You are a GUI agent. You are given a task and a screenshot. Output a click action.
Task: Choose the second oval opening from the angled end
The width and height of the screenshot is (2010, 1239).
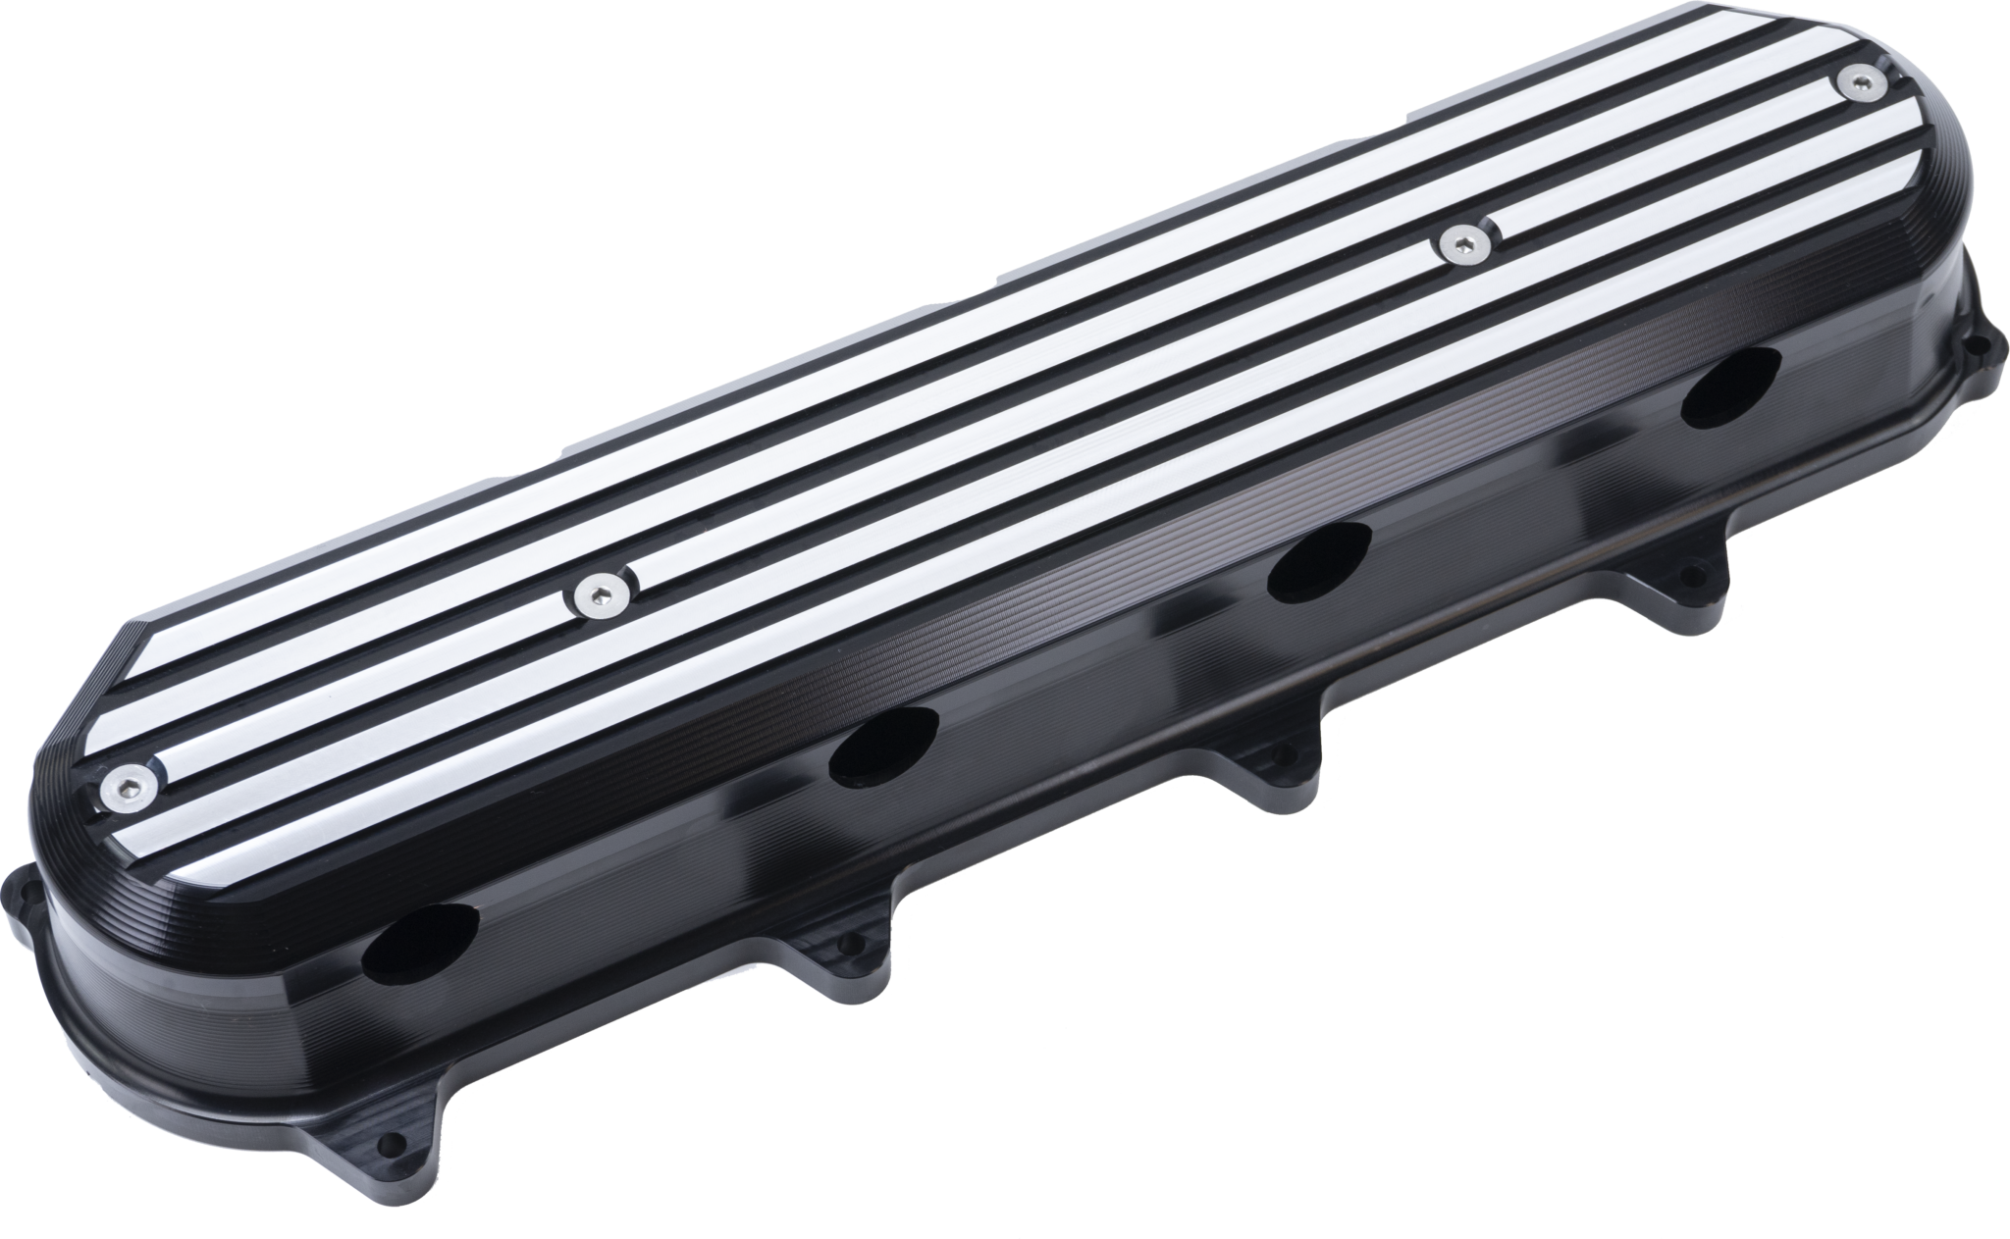tap(883, 747)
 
